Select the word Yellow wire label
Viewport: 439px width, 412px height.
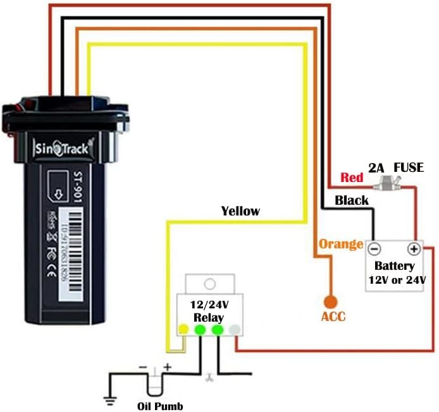pos(240,211)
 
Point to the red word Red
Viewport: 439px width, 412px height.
pos(352,178)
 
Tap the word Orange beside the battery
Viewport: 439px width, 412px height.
pos(340,244)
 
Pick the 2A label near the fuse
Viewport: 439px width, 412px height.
pos(377,168)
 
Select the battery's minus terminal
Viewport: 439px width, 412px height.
pos(374,249)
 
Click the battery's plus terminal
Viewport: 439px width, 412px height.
pos(414,249)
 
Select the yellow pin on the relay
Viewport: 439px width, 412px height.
pos(183,329)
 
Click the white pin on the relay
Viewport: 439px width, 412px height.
pos(235,329)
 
